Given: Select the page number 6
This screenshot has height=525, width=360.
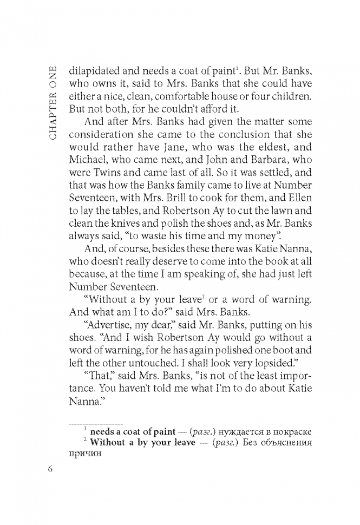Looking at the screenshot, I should (x=51, y=469).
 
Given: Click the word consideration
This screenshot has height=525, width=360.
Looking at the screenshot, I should (x=101, y=135).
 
